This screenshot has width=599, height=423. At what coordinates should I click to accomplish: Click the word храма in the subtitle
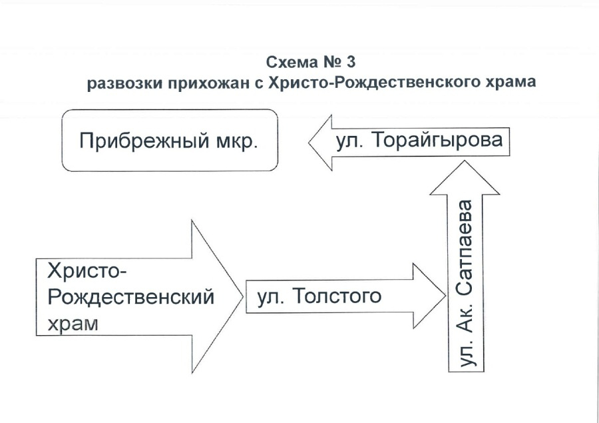pos(510,84)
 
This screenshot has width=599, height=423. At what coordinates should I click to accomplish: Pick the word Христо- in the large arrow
pos(87,272)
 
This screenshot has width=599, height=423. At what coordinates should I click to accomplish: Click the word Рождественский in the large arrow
pos(130,297)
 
